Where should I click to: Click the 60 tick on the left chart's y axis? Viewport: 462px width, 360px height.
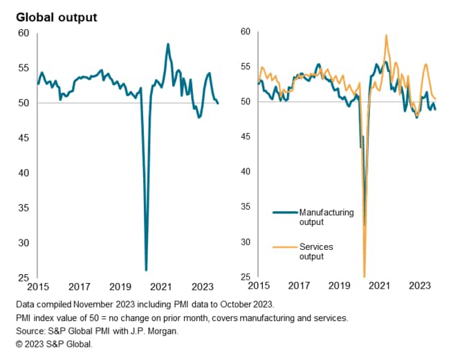(24, 33)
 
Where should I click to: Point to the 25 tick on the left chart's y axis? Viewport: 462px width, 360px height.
(24, 278)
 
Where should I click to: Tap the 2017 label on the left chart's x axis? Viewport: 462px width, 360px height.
(80, 287)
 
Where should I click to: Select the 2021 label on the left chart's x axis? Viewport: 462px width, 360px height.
(161, 287)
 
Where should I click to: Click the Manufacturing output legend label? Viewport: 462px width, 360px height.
(326, 217)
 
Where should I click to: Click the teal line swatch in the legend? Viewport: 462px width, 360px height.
(284, 213)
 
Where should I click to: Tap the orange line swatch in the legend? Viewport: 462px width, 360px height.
(284, 246)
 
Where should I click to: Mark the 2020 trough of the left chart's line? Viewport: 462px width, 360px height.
(146, 269)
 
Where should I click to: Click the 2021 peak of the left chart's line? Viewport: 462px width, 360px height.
(167, 44)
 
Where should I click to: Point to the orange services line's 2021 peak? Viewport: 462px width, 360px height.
(386, 35)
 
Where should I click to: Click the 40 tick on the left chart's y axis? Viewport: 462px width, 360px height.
(24, 173)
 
